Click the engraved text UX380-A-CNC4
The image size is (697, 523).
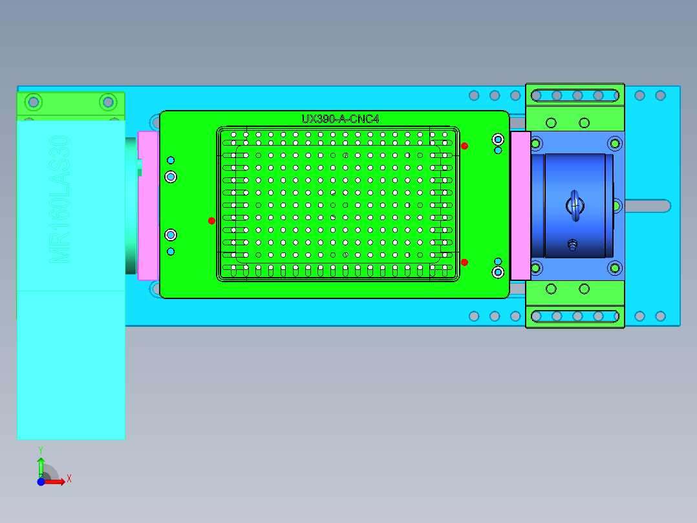coord(339,119)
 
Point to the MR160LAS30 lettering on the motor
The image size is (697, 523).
coord(59,199)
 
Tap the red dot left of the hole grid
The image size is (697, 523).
coord(211,221)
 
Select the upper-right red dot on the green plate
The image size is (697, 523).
coord(464,146)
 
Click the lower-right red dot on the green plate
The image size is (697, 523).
coord(464,262)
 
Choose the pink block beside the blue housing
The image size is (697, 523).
coord(520,206)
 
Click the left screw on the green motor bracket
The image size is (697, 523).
coord(34,102)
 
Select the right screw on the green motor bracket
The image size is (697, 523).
coord(107,102)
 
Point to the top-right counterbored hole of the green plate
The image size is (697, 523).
coord(498,139)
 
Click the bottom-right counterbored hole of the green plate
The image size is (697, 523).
coord(498,272)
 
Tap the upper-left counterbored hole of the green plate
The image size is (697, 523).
coord(171,177)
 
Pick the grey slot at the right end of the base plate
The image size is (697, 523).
coord(647,206)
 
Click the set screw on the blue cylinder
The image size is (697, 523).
coord(572,245)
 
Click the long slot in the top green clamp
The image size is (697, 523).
coord(575,96)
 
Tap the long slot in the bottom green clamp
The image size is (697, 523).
coord(575,317)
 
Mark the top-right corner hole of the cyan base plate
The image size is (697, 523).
coord(660,96)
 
